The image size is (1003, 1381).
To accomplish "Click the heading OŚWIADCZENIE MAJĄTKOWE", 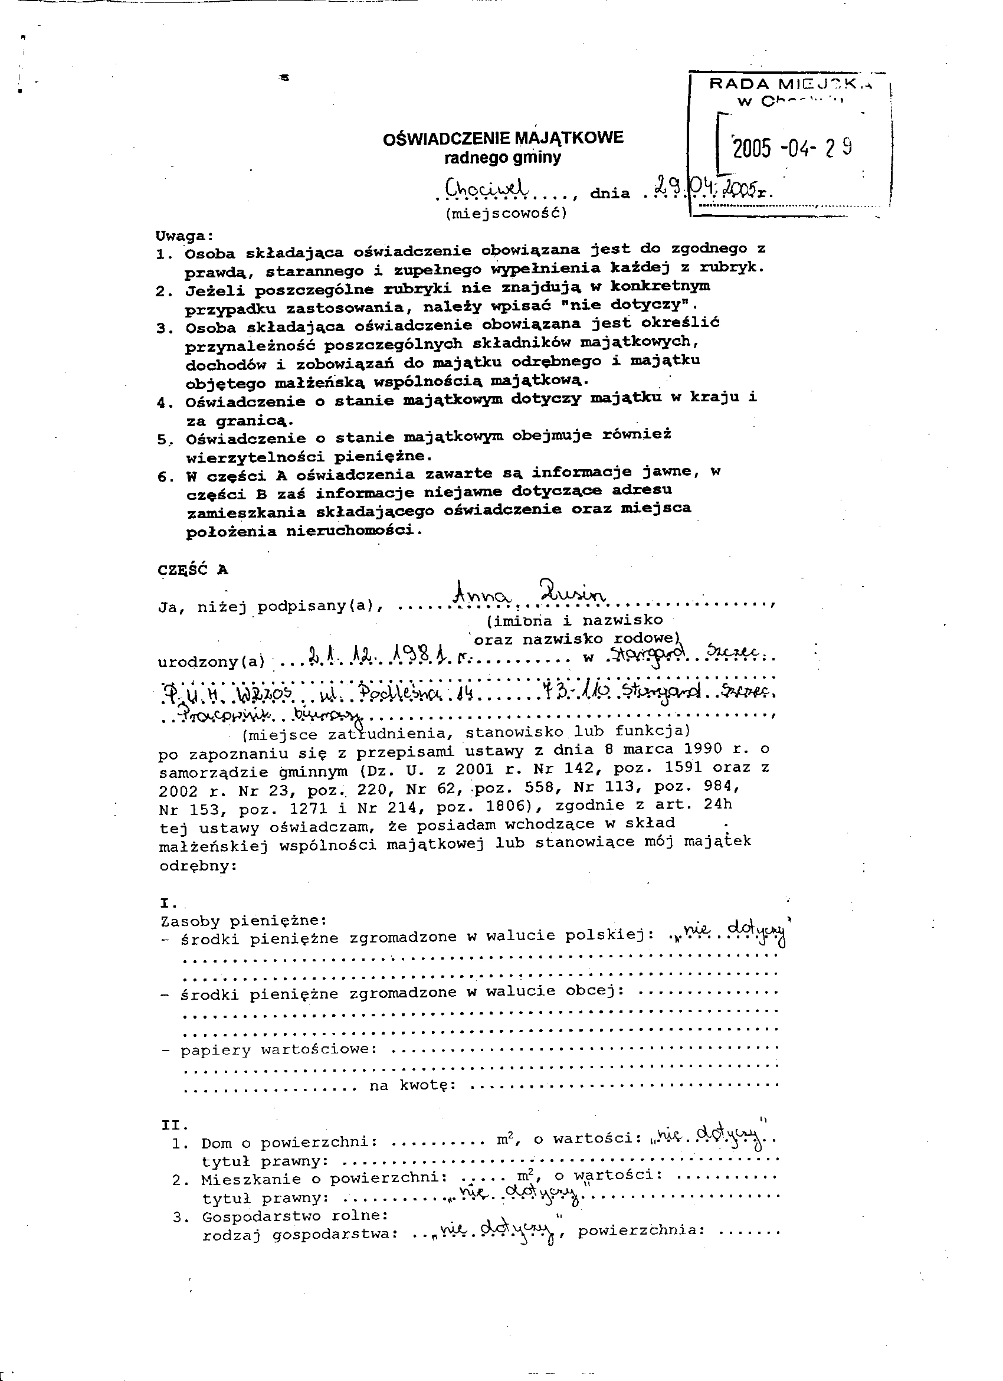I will tap(503, 138).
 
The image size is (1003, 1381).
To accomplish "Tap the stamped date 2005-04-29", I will tap(792, 148).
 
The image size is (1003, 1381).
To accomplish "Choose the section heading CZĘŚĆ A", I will tap(193, 570).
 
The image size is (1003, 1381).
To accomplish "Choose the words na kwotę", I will tap(412, 1085).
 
